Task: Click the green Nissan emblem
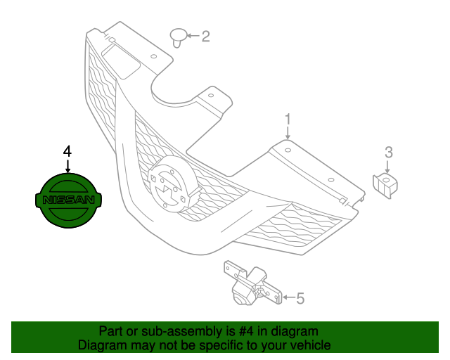(68, 200)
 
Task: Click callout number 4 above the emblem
(67, 151)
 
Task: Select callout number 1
(288, 120)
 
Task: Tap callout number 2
(205, 37)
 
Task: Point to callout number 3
(389, 153)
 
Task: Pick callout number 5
(300, 298)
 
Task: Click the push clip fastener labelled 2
(179, 37)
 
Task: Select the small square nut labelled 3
(385, 186)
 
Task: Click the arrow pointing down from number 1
(288, 133)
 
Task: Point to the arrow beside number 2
(193, 36)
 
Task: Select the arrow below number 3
(387, 167)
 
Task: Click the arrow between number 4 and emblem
(67, 166)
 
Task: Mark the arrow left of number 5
(288, 297)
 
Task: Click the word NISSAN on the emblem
(68, 200)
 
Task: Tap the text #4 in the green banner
(246, 331)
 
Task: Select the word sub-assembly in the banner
(181, 332)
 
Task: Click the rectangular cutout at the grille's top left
(121, 61)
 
